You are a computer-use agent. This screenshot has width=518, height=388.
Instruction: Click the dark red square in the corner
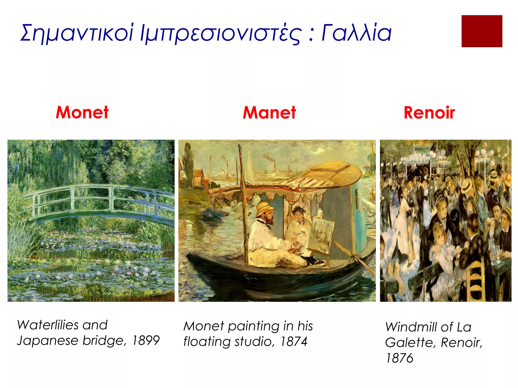(482, 31)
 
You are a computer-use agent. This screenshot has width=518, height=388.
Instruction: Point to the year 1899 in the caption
(146, 340)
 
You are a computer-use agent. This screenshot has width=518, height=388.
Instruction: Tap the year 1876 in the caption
(399, 358)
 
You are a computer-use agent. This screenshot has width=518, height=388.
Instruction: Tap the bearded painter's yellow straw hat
(264, 209)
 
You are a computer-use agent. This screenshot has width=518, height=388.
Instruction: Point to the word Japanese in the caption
(48, 341)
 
